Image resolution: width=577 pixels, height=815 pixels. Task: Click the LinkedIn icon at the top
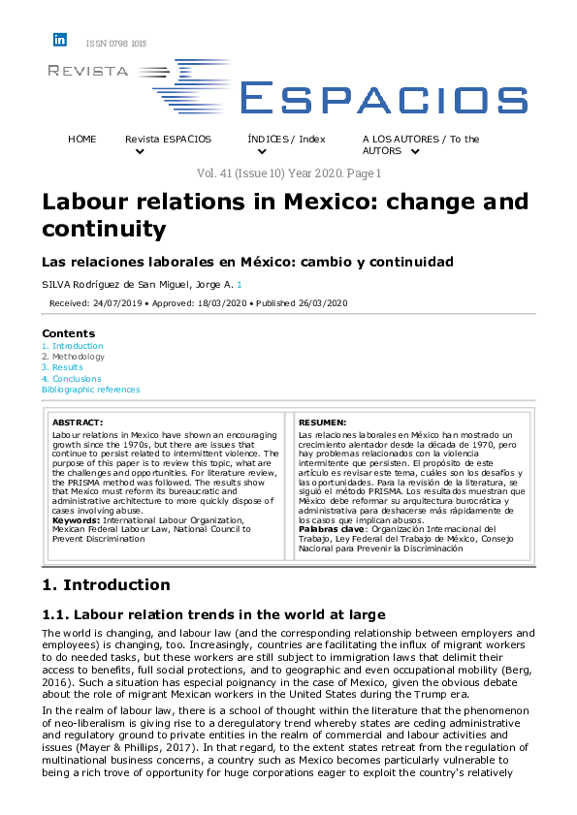click(60, 40)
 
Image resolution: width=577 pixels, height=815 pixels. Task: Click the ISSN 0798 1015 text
click(116, 44)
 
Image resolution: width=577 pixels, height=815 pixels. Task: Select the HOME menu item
click(82, 140)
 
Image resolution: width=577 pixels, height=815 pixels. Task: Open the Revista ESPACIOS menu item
click(168, 140)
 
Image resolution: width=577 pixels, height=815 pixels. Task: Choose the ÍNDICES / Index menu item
click(286, 140)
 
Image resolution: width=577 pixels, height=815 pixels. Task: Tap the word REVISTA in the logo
click(87, 71)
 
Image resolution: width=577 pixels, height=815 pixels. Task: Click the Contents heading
click(69, 333)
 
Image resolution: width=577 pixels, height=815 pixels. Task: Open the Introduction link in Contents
click(78, 346)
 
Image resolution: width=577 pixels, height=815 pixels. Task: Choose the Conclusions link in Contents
click(77, 379)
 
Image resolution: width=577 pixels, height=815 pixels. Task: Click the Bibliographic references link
click(90, 390)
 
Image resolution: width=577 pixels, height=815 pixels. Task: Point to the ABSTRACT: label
click(78, 423)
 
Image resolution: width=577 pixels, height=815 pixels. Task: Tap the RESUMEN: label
click(322, 423)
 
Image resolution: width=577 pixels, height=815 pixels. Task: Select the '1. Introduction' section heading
click(107, 584)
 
